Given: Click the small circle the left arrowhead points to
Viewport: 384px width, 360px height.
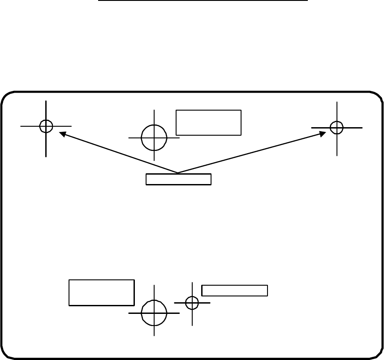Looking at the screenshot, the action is tap(46, 126).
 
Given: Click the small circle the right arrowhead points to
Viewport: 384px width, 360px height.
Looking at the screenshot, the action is tap(337, 128).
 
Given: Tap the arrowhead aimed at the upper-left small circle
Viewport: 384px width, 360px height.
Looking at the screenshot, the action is tap(63, 133).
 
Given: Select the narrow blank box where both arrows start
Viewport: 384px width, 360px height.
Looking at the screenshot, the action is tap(178, 179).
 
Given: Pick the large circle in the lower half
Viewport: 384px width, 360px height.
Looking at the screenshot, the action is tap(154, 313).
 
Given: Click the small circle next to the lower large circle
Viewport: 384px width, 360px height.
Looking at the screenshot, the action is tap(192, 303).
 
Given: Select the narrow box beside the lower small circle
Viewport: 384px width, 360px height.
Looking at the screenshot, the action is tap(234, 290).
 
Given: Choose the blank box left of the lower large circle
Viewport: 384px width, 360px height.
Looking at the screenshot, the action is tap(102, 292).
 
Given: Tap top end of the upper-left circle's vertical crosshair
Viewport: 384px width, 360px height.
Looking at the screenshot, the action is tap(46, 102).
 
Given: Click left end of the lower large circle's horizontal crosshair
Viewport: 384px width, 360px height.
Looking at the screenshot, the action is tap(129, 313).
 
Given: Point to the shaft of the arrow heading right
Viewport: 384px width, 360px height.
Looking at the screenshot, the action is tap(251, 153).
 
